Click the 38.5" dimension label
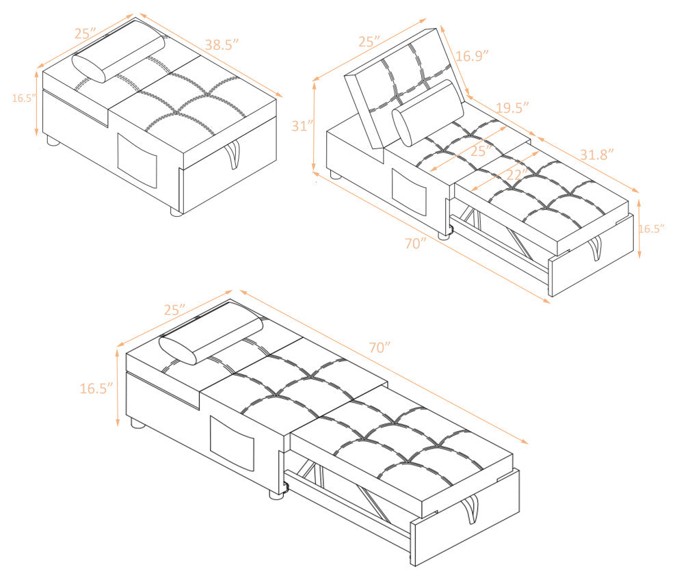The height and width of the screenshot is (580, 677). pos(222,44)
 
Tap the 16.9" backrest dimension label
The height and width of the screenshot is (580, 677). pos(472,55)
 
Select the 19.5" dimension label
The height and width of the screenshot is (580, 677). pos(512,107)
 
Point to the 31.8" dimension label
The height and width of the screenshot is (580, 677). pos(596,154)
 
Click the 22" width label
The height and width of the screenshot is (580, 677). pos(516,174)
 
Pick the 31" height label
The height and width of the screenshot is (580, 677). pos(302,126)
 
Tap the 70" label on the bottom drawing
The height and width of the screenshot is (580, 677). pos(380,347)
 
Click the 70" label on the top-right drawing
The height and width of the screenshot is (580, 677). pos(416,243)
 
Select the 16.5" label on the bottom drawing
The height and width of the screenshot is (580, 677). pos(96,388)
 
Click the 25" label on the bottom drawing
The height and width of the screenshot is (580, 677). pos(175,310)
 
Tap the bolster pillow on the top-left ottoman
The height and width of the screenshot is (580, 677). pos(118,53)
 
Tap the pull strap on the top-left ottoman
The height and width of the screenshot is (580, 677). pos(233,153)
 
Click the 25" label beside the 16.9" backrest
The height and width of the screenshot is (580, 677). pos(369,42)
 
